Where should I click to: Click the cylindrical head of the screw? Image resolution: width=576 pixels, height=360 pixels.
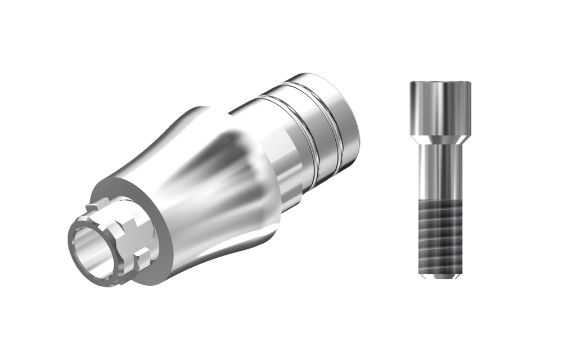click(x=440, y=107)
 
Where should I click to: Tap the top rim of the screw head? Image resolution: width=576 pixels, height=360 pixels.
click(x=440, y=83)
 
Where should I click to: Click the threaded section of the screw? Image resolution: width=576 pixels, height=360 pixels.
click(x=440, y=236)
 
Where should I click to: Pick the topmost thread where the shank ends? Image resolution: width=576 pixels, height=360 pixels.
click(x=440, y=206)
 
